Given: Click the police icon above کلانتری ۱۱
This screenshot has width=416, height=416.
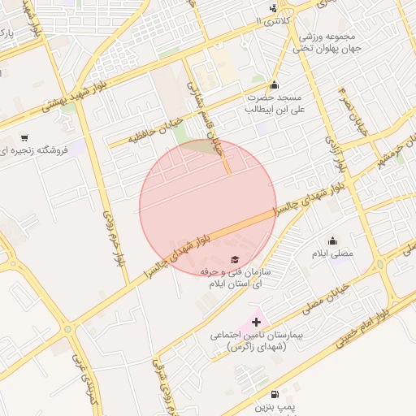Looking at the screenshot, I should click(272, 8).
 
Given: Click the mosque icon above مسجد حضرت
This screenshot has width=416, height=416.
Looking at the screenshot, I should click(274, 85).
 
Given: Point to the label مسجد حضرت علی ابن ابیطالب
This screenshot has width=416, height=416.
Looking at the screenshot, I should click(275, 103).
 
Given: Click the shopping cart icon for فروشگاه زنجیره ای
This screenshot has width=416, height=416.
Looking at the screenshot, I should click(24, 138).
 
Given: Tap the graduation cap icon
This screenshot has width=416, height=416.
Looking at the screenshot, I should click(235, 259).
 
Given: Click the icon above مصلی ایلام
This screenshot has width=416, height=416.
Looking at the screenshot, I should click(333, 240).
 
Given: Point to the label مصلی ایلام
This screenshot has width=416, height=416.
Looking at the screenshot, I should click(333, 254).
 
